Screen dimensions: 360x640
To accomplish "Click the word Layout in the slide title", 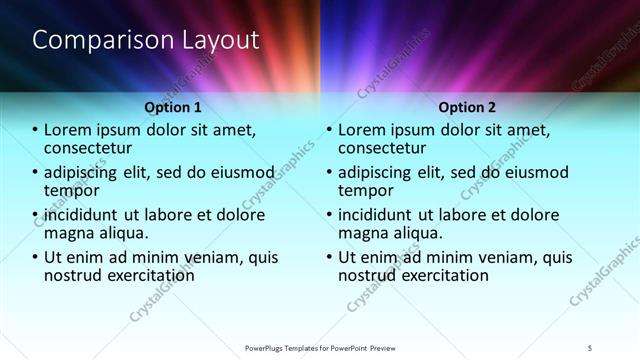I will (217, 41).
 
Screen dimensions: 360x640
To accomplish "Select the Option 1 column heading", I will (173, 107).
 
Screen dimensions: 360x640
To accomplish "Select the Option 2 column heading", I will (466, 107).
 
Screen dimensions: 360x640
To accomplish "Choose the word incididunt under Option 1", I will (91, 215).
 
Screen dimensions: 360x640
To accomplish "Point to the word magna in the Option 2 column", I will (365, 233).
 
